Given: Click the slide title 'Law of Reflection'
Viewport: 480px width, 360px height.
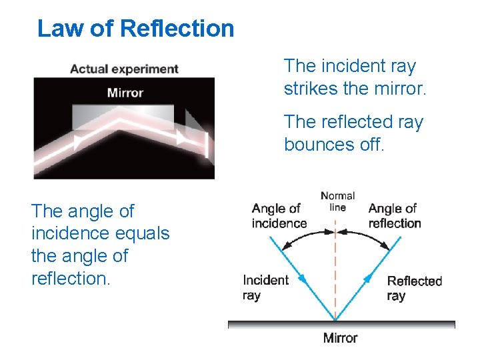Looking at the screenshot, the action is pos(136,29).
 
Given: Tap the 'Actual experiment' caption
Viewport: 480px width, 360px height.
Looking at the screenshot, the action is pos(124,69).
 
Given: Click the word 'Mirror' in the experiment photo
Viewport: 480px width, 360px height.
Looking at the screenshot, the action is pos(125,92).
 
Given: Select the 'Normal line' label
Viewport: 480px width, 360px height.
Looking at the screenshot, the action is pos(338,201).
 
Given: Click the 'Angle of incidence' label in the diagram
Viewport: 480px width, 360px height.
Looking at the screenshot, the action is pos(279,215).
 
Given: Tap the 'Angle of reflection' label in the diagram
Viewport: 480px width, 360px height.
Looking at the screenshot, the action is pos(394,215).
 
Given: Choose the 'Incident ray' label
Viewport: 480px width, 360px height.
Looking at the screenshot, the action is pos(265,287).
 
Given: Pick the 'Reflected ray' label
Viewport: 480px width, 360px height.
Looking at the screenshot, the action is pos(414,288).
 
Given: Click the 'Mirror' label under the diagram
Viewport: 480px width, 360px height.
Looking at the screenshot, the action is pos(340,338).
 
